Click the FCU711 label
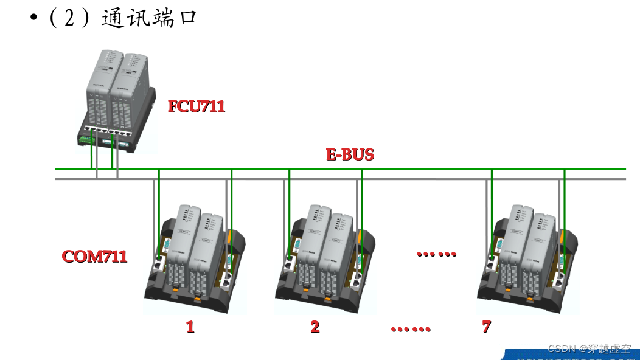(x=197, y=106)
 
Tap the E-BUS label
(x=350, y=154)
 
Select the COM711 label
(x=94, y=256)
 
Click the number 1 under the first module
(x=190, y=327)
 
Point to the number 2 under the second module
(x=315, y=327)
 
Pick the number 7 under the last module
(x=486, y=327)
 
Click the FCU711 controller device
(x=116, y=100)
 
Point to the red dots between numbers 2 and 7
(x=411, y=329)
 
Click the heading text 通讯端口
(x=148, y=18)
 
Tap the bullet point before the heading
(x=34, y=18)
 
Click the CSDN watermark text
(x=589, y=348)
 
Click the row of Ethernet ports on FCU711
(x=109, y=130)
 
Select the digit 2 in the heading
(x=69, y=18)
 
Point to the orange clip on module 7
(x=565, y=235)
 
